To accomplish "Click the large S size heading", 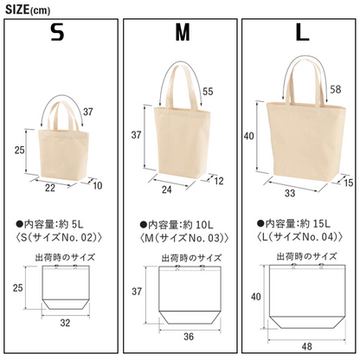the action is point(57,32).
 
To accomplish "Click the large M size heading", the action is point(183,32).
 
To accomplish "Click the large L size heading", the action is point(303,32).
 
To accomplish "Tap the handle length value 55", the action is point(208,92).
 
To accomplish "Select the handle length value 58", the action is point(335,89).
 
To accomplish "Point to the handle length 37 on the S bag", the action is point(88,112).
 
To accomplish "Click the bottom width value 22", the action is point(50,188).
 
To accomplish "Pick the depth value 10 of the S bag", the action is point(98,185).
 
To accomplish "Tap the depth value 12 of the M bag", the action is point(219,181).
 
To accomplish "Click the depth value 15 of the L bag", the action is point(349,183).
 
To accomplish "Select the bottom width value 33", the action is point(290,193).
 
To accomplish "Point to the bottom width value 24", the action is point(167,190).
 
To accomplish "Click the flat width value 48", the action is point(306,346).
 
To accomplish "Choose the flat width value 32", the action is point(65,323).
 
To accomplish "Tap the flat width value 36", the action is point(189,337).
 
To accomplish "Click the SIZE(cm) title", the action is point(28,10).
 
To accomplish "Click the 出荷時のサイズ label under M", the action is point(191,258).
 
